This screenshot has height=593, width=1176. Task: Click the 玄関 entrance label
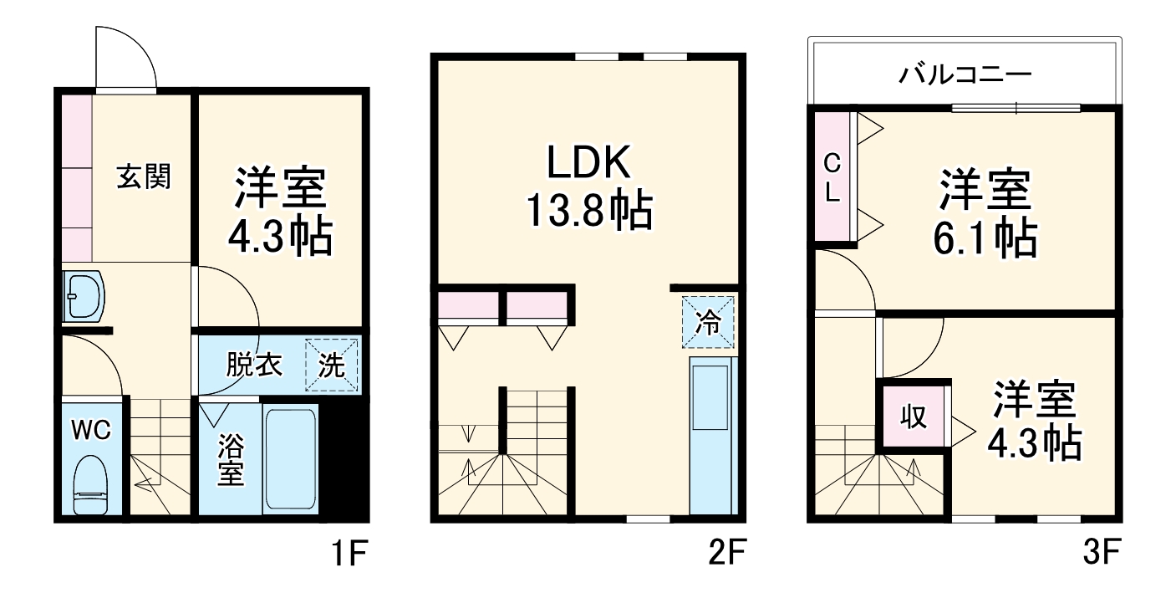coord(143,177)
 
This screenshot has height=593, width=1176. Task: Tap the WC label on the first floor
coord(91,430)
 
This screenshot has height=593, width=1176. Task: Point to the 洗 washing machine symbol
coord(331,365)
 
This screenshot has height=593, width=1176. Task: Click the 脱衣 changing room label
coord(254,366)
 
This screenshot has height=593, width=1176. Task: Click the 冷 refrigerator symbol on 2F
coord(708,322)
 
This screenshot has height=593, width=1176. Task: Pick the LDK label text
coord(588,165)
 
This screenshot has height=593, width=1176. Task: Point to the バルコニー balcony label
coord(965,75)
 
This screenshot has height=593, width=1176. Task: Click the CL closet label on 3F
coord(832,177)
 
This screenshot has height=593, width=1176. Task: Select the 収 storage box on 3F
coord(914,417)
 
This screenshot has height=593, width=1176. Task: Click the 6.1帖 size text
coord(985,238)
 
